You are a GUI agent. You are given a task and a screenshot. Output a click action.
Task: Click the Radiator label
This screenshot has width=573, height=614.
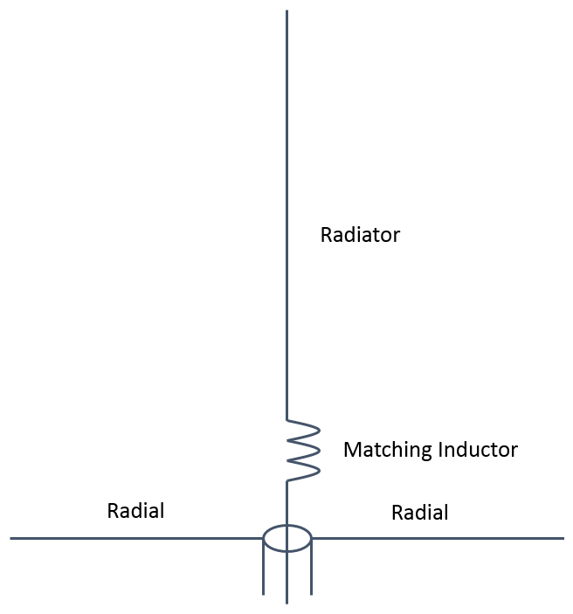point(360,235)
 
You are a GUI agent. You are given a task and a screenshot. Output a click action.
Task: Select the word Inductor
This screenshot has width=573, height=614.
point(478,450)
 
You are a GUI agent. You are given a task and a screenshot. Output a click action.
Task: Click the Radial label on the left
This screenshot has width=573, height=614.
point(135,511)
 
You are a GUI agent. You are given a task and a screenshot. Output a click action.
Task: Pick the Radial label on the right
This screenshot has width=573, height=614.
point(419,513)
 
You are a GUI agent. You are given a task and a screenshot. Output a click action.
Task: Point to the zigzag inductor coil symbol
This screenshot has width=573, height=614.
point(301,449)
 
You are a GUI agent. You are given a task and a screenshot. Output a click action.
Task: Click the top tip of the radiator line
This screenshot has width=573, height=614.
point(286,11)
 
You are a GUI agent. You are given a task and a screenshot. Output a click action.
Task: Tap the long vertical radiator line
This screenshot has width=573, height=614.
point(286,218)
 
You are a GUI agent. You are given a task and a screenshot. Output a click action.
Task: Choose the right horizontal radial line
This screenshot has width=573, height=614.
point(437,538)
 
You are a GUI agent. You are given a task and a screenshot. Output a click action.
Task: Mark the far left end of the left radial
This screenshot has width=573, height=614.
point(11,538)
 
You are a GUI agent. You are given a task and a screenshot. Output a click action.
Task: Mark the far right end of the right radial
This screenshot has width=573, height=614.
point(563,538)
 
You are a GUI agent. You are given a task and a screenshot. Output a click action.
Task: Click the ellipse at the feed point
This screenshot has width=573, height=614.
point(287,538)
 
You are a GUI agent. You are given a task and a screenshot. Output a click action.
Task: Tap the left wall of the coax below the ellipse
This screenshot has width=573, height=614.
point(264,568)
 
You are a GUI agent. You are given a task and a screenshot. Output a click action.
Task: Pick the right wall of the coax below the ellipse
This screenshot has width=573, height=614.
point(311,568)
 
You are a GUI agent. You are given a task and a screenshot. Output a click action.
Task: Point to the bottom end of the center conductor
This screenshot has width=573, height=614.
point(287,603)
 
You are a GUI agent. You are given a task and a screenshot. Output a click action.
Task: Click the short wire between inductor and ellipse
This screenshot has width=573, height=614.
point(287,502)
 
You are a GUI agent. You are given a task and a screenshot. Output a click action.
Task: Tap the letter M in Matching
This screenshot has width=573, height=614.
point(351,450)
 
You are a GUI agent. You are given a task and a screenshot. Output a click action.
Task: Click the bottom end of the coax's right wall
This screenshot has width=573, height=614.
point(311,594)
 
